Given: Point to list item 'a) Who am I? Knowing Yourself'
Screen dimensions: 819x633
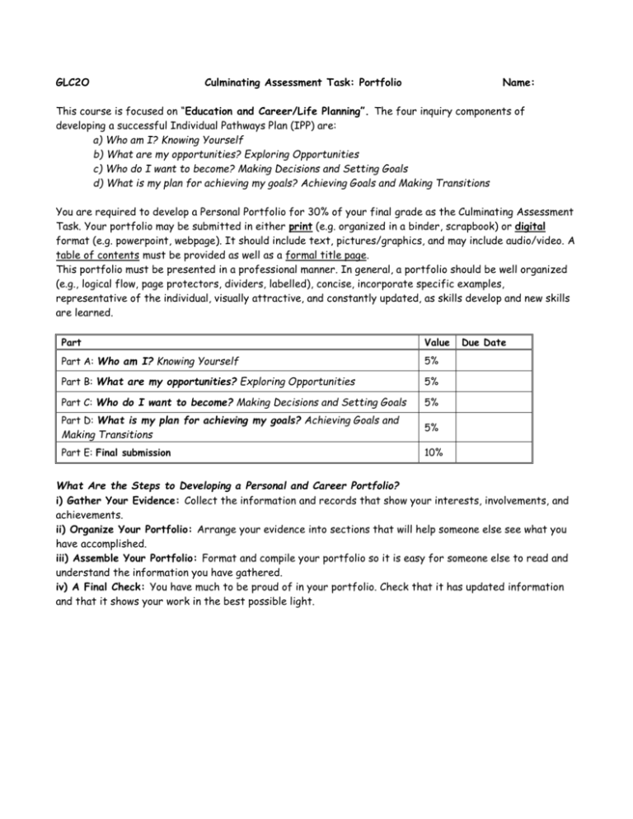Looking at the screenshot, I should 168,140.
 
